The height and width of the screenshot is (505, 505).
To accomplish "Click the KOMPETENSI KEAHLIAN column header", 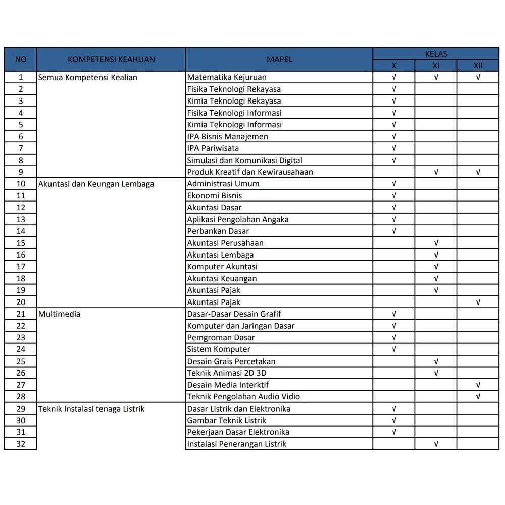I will click(111, 59).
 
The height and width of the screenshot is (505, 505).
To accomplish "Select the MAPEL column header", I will click(279, 59).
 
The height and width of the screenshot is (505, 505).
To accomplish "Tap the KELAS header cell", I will click(436, 54).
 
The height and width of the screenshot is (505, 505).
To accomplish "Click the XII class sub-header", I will click(478, 65).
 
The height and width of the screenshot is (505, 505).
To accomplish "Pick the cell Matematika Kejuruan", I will click(227, 77).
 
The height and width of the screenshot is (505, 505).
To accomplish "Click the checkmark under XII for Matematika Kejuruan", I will click(478, 77).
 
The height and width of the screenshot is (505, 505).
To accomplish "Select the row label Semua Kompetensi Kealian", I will click(88, 77).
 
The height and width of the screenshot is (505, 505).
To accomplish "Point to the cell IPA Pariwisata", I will click(213, 148).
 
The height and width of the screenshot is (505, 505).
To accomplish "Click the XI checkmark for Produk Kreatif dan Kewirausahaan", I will click(436, 172).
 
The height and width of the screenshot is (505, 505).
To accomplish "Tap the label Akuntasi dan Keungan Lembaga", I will click(96, 184).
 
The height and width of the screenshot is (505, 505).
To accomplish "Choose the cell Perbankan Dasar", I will click(218, 231).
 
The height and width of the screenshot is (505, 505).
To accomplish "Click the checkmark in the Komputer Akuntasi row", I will click(436, 267).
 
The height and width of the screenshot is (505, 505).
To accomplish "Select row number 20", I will click(21, 302).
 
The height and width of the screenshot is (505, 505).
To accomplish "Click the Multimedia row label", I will click(60, 314).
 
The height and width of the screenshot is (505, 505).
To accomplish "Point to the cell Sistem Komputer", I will click(219, 349).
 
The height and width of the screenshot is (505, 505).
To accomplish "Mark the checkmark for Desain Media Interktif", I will click(478, 385).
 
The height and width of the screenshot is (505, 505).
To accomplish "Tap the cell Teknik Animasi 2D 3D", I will click(227, 373).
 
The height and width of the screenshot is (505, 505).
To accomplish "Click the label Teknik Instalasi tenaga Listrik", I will click(91, 409).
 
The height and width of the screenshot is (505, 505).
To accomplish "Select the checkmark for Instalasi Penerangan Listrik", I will click(436, 444).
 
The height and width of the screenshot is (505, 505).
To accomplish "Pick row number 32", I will click(21, 444).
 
